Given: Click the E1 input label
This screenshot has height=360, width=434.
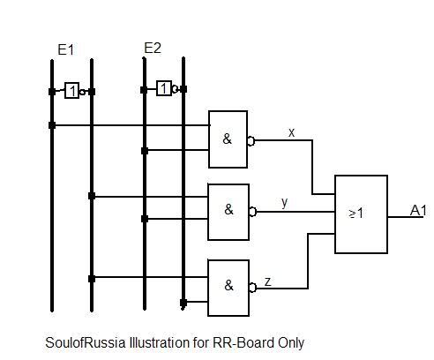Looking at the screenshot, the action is [x=66, y=49].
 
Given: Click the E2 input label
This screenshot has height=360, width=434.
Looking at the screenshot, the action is [x=153, y=48].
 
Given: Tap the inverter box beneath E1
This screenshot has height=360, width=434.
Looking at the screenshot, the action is [x=71, y=90].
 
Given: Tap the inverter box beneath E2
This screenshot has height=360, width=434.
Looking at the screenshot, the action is [x=164, y=88].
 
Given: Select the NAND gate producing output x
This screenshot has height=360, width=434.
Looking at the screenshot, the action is [x=228, y=139].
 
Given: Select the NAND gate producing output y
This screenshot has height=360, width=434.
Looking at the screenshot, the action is [x=228, y=212].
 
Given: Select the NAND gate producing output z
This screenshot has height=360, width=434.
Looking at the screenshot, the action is [x=228, y=288].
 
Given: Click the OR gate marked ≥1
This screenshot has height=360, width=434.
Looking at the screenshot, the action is [x=361, y=214].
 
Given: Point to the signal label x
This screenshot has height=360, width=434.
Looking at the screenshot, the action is [x=291, y=132].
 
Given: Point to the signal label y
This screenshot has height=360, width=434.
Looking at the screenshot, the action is [x=284, y=203].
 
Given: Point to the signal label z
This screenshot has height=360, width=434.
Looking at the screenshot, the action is [x=267, y=281].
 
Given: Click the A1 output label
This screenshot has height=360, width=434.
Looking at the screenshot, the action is [x=418, y=210].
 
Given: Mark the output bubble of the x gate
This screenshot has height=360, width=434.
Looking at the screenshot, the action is [x=251, y=141].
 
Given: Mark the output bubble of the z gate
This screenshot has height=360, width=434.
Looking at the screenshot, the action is [x=253, y=288].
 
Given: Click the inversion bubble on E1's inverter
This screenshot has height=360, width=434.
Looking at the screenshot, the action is [x=82, y=92].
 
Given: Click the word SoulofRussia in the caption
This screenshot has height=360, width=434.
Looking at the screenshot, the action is [x=86, y=343].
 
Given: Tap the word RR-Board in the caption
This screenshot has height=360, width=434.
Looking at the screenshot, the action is [x=243, y=343].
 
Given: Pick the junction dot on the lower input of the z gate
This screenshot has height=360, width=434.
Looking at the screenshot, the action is [x=183, y=303].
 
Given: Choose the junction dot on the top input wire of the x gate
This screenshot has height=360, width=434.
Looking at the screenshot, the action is [x=52, y=125].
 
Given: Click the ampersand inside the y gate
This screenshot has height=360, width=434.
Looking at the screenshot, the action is [x=228, y=209].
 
